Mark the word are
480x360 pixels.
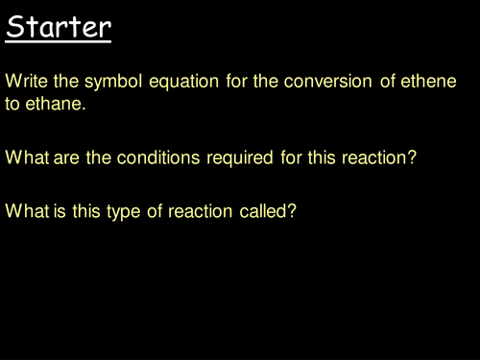pyautogui.click(x=68, y=156)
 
